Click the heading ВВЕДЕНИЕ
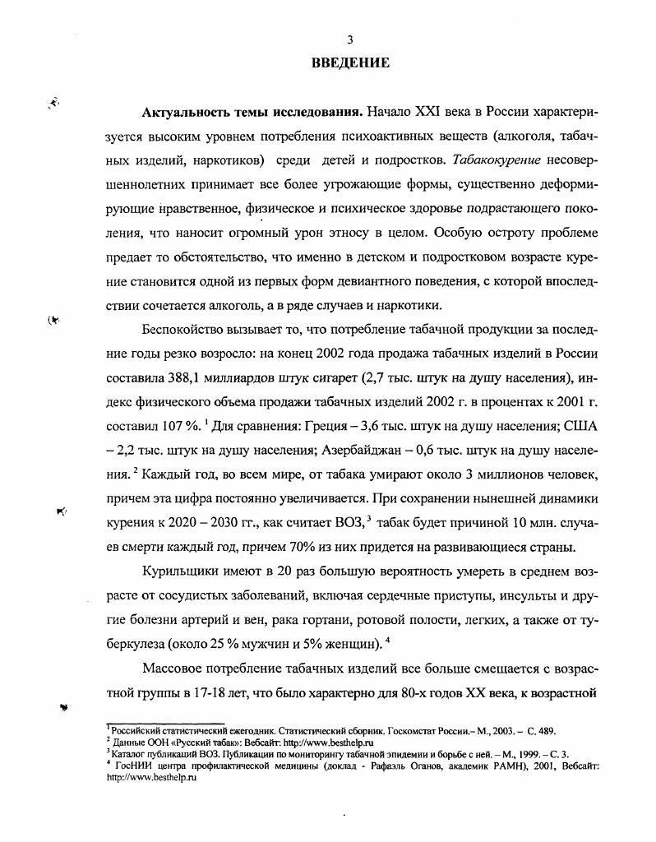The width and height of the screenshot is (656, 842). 350,63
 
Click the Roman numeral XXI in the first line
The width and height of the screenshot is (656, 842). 418,111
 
